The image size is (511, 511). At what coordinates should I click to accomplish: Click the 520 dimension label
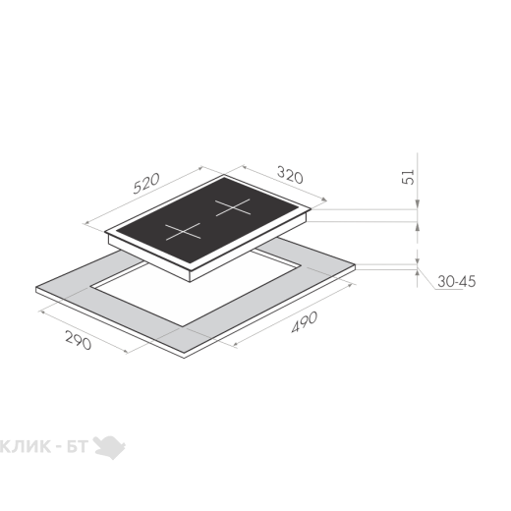tap(146, 183)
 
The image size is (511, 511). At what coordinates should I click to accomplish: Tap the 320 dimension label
tap(290, 175)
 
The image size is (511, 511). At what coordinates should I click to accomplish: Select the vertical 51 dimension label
tap(408, 177)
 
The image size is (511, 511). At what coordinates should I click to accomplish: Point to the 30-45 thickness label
tap(456, 281)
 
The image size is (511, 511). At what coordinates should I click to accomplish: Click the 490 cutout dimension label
tap(305, 322)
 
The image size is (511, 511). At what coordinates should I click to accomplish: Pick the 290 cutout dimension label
tap(79, 340)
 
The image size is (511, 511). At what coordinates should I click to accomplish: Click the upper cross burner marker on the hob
tap(233, 207)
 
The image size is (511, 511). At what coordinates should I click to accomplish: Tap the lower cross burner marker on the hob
tap(183, 231)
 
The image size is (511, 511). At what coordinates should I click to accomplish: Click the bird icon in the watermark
tap(109, 447)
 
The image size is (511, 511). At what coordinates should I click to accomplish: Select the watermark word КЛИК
tap(26, 446)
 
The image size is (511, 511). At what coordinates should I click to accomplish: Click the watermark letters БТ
tap(78, 446)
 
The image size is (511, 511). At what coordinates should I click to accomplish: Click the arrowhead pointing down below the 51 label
tap(418, 204)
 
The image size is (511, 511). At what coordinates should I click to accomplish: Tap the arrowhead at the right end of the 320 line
tap(323, 199)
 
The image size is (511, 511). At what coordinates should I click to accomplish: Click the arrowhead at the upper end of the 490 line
tap(352, 285)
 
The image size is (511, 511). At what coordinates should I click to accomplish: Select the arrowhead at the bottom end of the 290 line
tap(125, 352)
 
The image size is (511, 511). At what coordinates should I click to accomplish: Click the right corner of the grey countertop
tap(355, 266)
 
